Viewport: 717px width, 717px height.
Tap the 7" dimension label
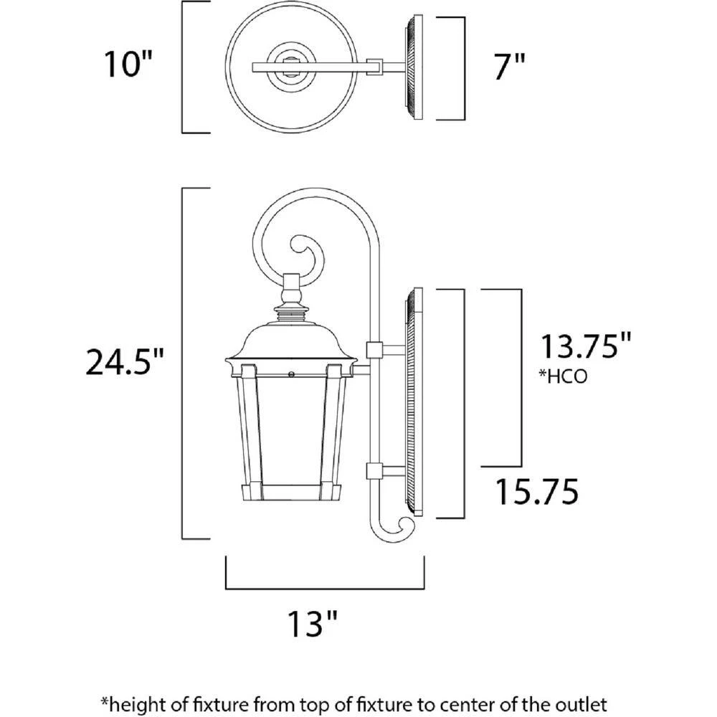point(509,66)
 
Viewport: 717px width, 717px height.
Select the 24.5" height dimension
point(124,361)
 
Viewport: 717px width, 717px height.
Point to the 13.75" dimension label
point(587,346)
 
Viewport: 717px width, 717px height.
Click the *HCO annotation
point(563,376)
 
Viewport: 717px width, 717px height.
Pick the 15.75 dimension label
point(537,492)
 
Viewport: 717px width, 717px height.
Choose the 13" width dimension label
point(313,623)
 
